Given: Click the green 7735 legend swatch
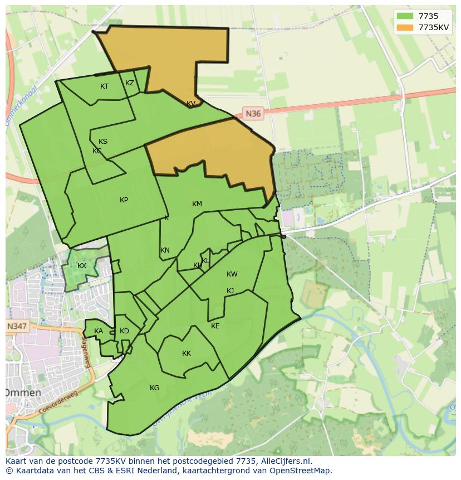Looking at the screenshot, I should [405, 16].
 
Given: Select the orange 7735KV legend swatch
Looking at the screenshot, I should [405, 27].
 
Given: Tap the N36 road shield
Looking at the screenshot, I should [253, 114].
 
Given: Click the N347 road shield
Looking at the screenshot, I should [17, 326].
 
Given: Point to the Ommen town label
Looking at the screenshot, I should [23, 392].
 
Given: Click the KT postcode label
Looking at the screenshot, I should [104, 86].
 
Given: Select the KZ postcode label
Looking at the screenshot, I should [130, 83].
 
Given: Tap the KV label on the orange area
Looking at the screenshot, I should [191, 104].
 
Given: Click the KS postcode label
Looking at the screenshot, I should [103, 142].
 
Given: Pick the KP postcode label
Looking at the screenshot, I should [124, 200].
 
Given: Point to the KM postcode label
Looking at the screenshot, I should [197, 204].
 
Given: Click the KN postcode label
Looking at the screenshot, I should [165, 250].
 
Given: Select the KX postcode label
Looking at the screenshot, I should [82, 266].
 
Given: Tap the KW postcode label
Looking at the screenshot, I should [232, 274].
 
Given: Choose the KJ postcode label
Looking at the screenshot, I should [230, 291].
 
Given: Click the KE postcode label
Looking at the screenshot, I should [215, 326].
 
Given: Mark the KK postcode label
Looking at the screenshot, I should [187, 353].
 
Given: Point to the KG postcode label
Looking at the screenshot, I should [154, 388].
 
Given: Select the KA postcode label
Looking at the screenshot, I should [99, 331].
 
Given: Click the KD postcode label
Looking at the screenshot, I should [124, 331].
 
